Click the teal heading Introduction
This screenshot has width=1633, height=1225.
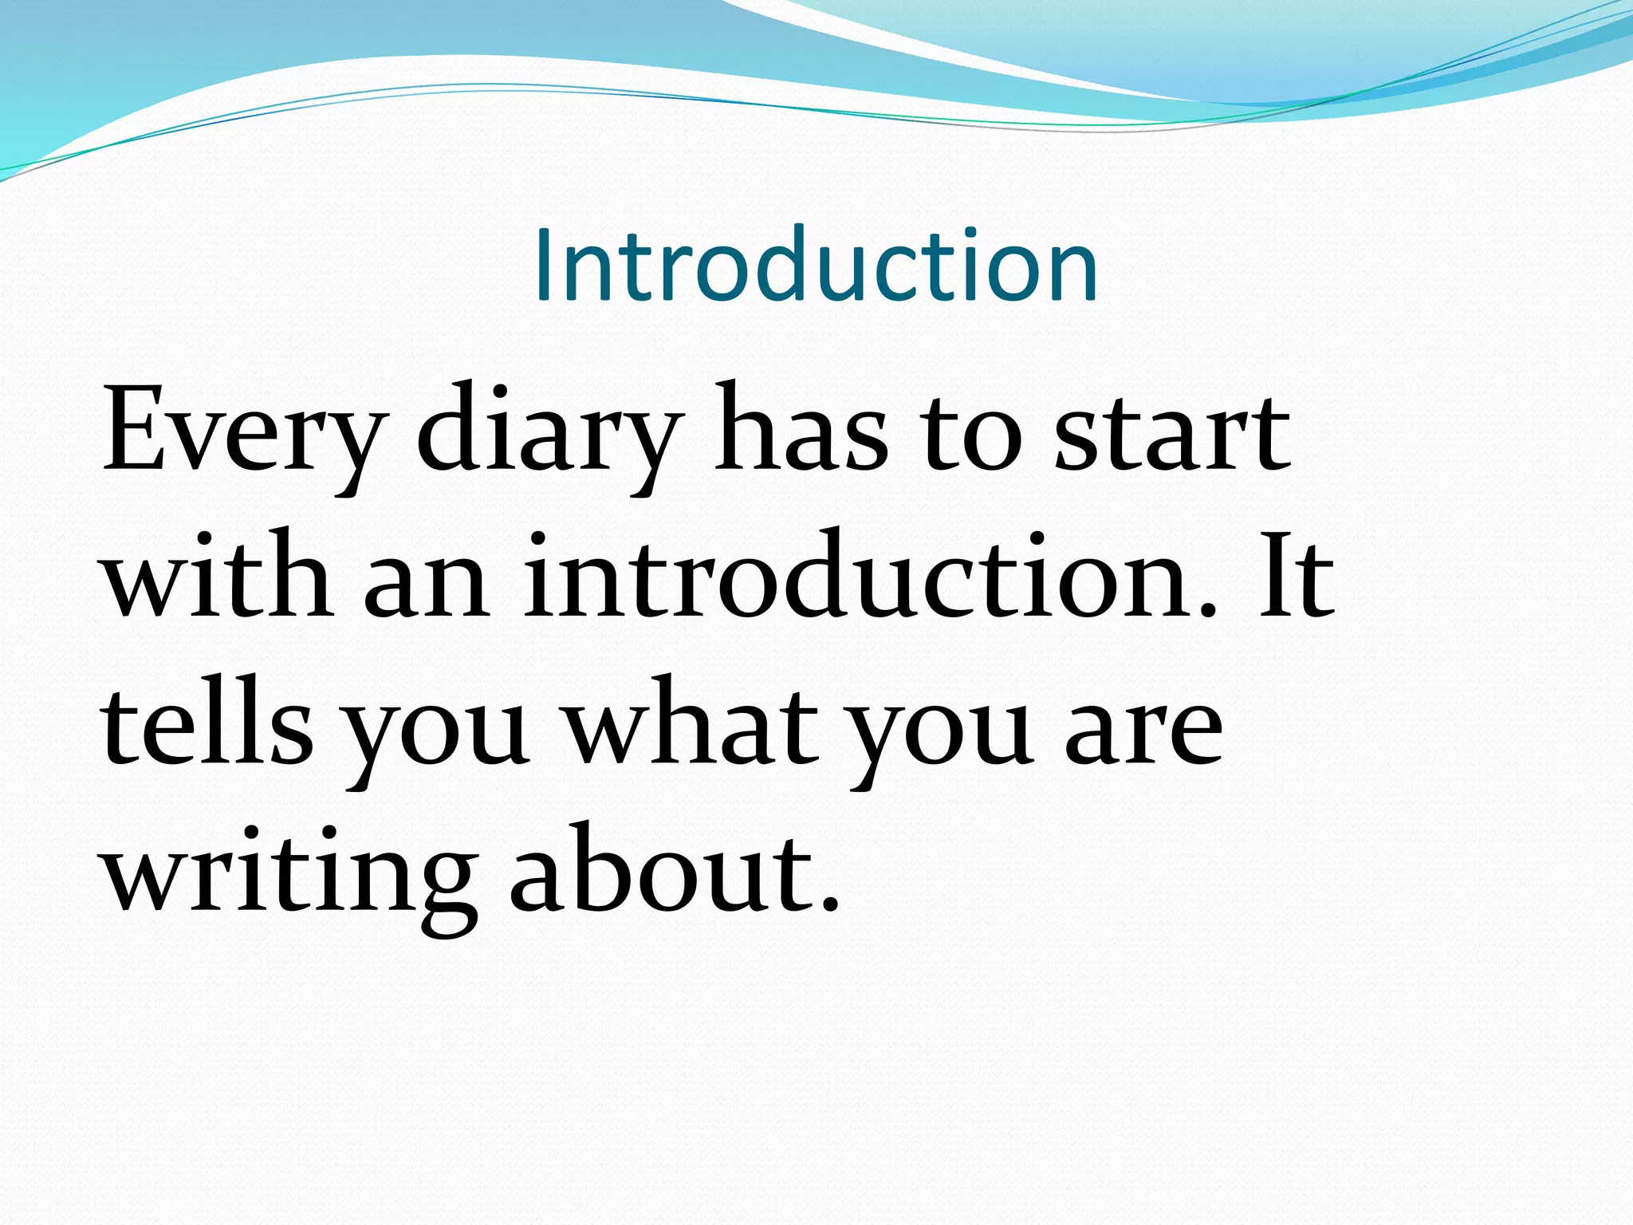tap(816, 266)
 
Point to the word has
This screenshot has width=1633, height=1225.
tap(800, 431)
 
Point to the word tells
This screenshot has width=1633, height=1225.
tap(207, 722)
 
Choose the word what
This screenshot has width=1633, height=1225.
tap(692, 722)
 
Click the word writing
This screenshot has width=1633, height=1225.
tap(289, 873)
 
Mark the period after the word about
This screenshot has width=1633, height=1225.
tap(830, 904)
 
